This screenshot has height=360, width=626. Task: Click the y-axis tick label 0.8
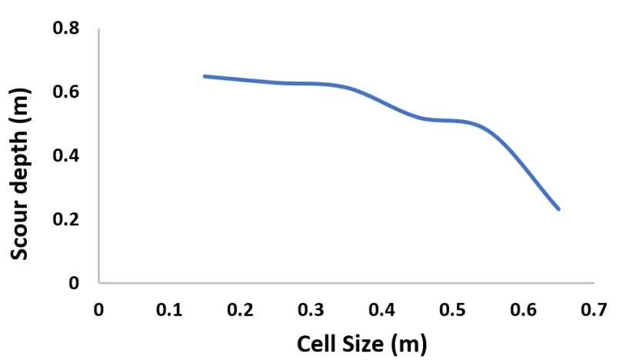coord(66,29)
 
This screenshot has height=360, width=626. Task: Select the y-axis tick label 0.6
coord(66,93)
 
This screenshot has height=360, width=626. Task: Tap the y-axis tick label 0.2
coord(66,220)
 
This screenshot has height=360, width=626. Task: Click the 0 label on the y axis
coord(75,283)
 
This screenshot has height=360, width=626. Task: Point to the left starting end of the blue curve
coord(205,76)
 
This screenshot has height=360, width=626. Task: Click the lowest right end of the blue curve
coord(558,208)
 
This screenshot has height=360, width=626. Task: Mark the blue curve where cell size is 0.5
coord(453,121)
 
